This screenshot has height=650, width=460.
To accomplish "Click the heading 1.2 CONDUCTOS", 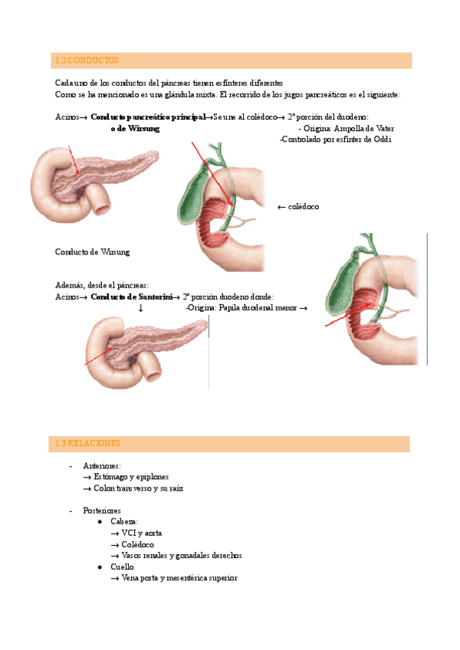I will click(87, 60).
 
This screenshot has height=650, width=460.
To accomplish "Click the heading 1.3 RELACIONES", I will click(88, 443).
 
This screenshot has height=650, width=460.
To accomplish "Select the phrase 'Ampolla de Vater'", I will click(350, 129).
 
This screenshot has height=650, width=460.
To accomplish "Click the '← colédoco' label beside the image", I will click(297, 207).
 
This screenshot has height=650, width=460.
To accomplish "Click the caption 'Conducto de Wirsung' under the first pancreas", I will click(93, 251).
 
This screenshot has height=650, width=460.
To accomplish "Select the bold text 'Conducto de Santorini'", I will click(128, 297).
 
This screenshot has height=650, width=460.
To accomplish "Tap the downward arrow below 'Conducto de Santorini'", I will click(140, 308).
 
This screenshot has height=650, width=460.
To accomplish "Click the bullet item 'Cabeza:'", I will click(124, 521).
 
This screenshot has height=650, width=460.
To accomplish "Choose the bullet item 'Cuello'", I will click(123, 566).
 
